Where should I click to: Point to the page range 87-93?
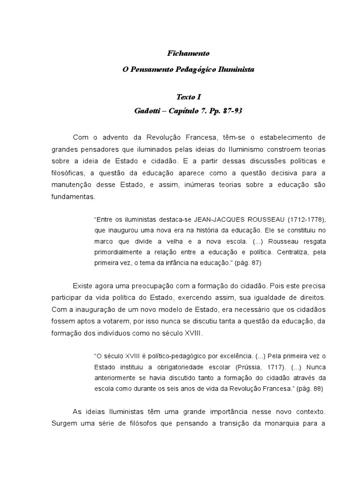pos(229,111)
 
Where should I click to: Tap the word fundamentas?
pos(73,197)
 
